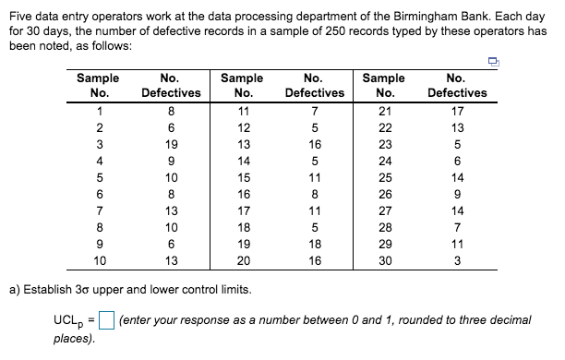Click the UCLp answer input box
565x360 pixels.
tap(107, 321)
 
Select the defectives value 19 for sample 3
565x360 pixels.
tap(170, 145)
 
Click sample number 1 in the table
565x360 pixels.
tap(99, 112)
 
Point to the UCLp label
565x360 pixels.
tap(70, 321)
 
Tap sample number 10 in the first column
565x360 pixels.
tap(99, 261)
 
